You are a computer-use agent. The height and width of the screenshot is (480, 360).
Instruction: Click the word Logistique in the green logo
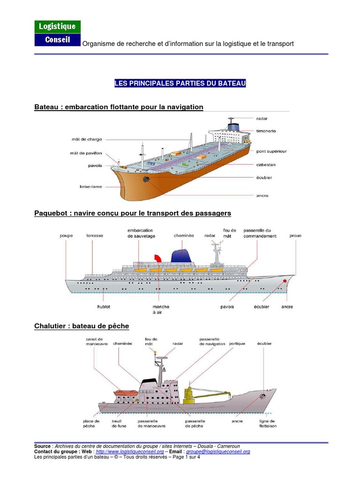tap(57, 27)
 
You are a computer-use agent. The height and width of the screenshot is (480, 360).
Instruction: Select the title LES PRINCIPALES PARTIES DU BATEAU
tap(180, 84)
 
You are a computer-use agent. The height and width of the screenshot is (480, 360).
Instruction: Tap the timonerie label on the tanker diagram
tap(266, 131)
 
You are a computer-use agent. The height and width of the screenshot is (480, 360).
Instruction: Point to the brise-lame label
tap(91, 186)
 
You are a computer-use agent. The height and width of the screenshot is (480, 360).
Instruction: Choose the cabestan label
tap(266, 165)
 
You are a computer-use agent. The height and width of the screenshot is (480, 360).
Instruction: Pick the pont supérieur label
tap(271, 151)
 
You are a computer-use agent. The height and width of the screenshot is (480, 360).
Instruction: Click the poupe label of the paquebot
tap(67, 236)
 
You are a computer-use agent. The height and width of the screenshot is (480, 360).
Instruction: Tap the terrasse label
tap(95, 236)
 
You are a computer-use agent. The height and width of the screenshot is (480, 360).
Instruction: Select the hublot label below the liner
tap(104, 307)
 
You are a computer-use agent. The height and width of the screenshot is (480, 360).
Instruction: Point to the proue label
tap(296, 236)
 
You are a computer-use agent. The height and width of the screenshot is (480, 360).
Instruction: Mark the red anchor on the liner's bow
tap(285, 281)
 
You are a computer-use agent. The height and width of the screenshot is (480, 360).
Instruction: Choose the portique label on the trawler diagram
tap(237, 344)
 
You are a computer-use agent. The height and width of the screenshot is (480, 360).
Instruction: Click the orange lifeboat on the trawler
tap(125, 393)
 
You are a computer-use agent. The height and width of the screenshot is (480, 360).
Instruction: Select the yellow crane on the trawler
tap(188, 395)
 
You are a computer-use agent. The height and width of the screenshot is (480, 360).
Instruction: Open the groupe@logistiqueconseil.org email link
tap(218, 451)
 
